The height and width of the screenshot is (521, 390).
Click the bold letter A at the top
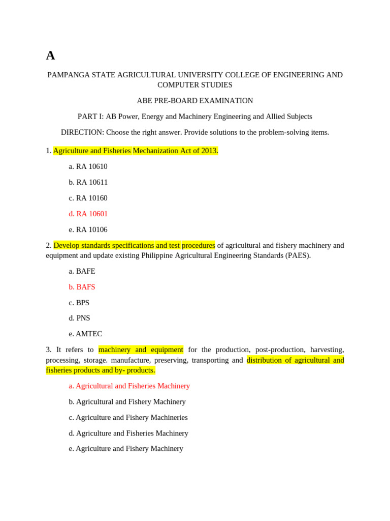point(50,55)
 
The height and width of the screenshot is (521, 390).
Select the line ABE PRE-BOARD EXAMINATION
point(195,101)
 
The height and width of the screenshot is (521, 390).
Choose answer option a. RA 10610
point(88,166)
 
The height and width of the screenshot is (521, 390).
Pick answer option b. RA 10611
point(88,182)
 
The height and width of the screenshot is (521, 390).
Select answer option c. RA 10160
point(88,198)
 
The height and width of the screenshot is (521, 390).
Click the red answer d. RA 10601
point(88,214)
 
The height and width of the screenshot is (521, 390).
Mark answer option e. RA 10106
point(88,229)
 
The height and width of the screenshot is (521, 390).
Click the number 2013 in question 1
point(209,151)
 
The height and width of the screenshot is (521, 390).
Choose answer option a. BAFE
point(82,271)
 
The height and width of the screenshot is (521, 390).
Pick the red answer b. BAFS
point(82,287)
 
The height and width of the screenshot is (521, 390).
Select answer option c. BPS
point(79,303)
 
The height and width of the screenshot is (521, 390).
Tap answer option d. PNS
point(79,318)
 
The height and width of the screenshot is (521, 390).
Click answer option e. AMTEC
point(85,334)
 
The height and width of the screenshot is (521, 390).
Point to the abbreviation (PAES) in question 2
point(297,255)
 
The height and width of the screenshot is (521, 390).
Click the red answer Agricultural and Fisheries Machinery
point(129,386)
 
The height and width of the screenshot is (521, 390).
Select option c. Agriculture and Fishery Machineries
point(128,417)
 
